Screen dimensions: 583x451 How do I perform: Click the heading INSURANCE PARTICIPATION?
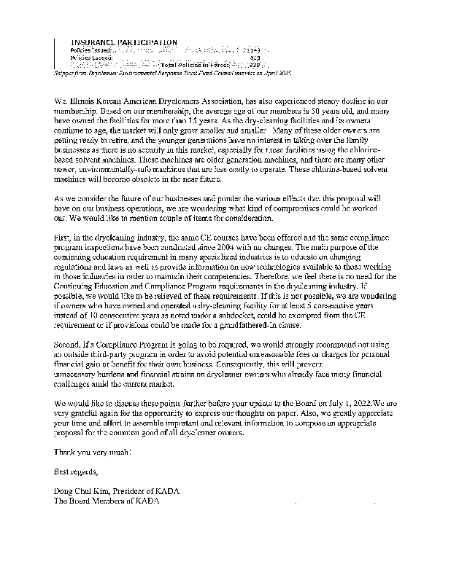coord(123,42)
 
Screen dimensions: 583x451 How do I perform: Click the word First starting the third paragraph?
coord(64,239)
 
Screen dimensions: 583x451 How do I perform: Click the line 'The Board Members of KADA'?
coord(106,502)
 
